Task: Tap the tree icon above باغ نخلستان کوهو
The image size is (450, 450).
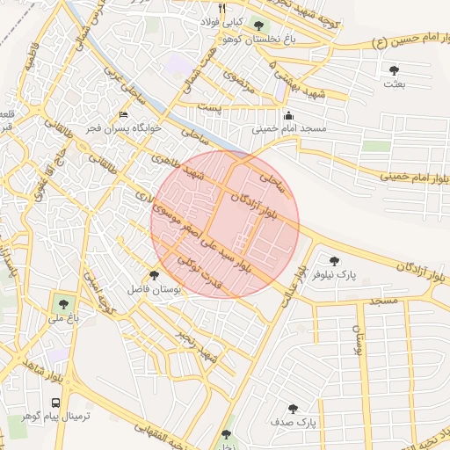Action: (x=258, y=25)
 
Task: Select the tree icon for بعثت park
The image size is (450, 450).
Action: (x=392, y=69)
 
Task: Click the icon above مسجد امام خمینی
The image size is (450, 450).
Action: (x=288, y=115)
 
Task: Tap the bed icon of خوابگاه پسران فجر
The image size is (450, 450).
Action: (x=124, y=115)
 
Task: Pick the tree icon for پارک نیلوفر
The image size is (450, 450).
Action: (x=333, y=260)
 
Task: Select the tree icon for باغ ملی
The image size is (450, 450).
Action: (x=62, y=301)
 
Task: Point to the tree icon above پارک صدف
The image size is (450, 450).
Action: (x=293, y=409)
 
